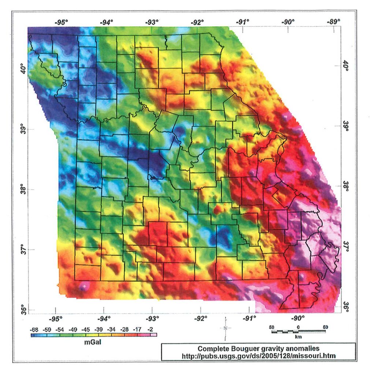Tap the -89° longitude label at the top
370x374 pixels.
(x=333, y=22)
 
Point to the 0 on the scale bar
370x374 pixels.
(x=298, y=326)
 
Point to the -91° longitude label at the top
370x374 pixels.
(x=243, y=22)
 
